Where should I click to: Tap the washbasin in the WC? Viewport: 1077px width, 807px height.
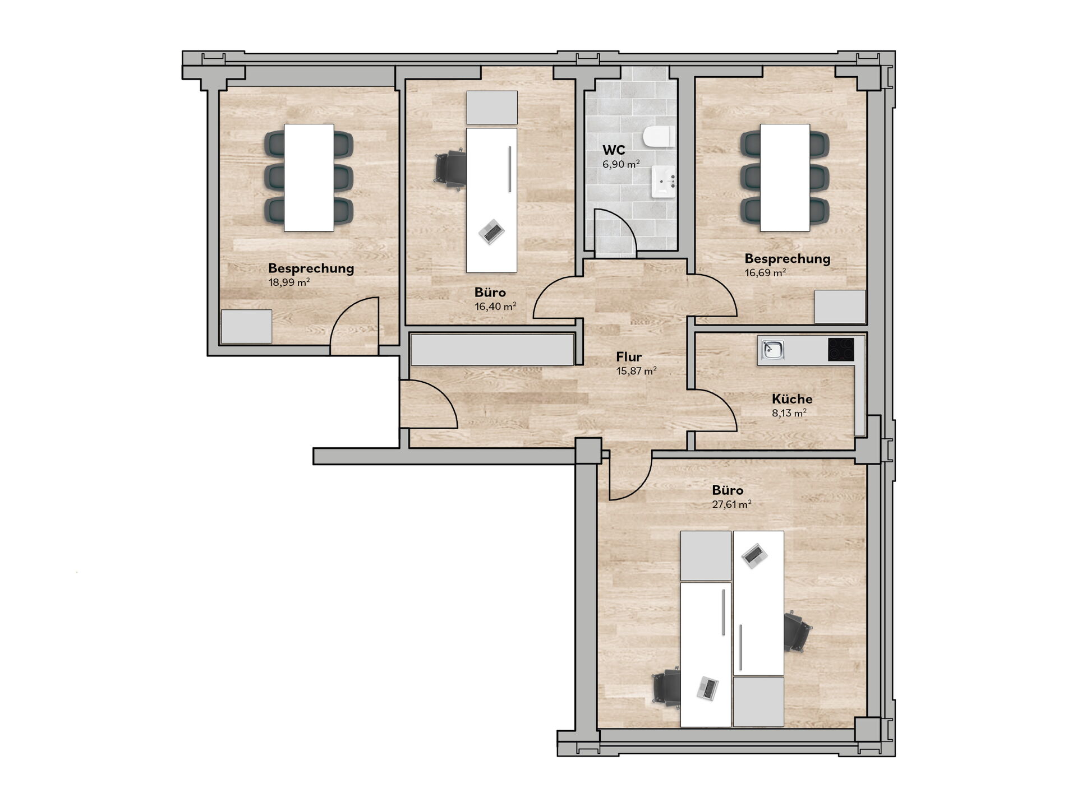tap(665, 182)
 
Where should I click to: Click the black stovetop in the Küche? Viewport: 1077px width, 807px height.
tap(841, 350)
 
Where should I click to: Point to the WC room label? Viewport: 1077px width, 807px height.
tap(614, 150)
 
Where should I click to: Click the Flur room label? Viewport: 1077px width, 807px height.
tap(629, 357)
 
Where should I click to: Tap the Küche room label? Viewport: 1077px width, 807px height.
tap(792, 399)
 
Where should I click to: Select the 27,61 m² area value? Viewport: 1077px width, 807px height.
tap(731, 504)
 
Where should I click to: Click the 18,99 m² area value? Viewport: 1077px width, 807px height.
tap(289, 282)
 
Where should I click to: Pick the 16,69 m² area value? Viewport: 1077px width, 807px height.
tap(765, 273)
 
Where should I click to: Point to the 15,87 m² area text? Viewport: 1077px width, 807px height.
tap(636, 371)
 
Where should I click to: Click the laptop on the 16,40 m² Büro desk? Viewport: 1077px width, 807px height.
tap(491, 231)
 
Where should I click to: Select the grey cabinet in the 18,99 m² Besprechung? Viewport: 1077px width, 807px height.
tap(246, 327)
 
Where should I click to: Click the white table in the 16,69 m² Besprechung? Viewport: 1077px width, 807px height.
tap(785, 178)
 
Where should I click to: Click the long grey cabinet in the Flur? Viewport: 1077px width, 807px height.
tap(493, 350)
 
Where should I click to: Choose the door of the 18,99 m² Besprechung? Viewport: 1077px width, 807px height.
tap(354, 326)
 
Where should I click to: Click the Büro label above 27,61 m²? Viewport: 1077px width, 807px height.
tap(728, 490)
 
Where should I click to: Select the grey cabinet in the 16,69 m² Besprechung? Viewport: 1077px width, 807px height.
tap(840, 307)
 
